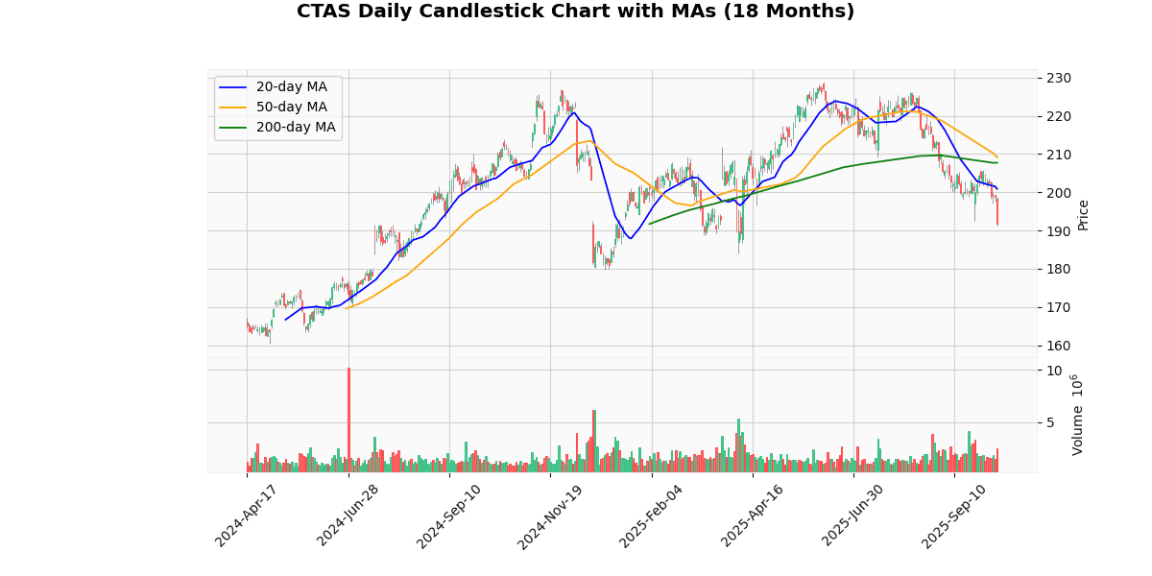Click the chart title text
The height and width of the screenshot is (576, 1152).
575,12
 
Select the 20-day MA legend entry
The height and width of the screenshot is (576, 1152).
291,87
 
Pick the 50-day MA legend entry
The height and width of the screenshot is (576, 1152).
291,108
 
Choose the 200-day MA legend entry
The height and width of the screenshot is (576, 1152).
295,128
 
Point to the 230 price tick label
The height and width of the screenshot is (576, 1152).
1059,78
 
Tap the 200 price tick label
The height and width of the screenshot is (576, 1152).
1059,193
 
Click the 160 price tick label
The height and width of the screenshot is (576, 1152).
1059,346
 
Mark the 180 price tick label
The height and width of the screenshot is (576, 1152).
1059,270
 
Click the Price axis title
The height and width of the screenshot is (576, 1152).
1084,215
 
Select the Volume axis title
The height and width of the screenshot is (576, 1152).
1078,415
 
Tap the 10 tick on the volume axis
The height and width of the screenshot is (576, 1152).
1054,372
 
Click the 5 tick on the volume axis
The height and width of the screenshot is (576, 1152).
1054,422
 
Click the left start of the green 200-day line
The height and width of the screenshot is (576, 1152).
650,224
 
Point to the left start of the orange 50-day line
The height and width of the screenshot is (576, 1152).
346,308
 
